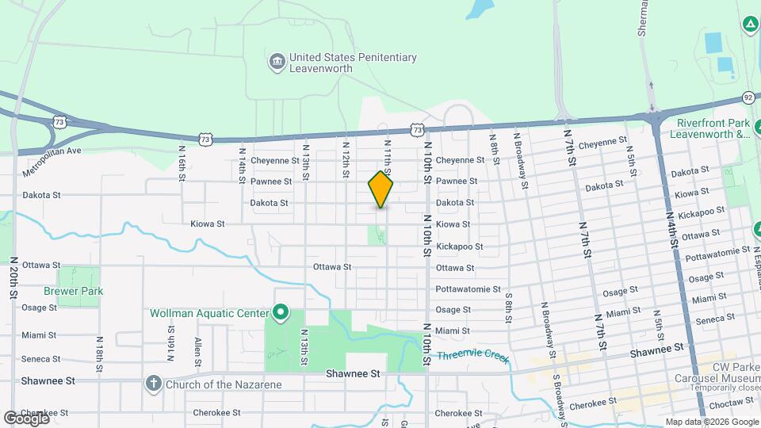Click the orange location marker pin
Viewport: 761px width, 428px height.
pyautogui.click(x=381, y=189)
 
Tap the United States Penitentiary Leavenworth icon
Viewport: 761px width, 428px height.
pyautogui.click(x=277, y=63)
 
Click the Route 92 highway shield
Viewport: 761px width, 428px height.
pyautogui.click(x=748, y=97)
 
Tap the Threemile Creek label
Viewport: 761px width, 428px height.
pyautogui.click(x=472, y=356)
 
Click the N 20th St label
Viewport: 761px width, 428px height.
pyautogui.click(x=13, y=277)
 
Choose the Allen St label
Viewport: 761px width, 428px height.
pyautogui.click(x=197, y=347)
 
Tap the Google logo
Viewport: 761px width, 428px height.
pyautogui.click(x=26, y=418)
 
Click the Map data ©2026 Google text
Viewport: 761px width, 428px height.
pyautogui.click(x=711, y=422)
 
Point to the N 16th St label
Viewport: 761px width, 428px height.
pyautogui.click(x=182, y=162)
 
